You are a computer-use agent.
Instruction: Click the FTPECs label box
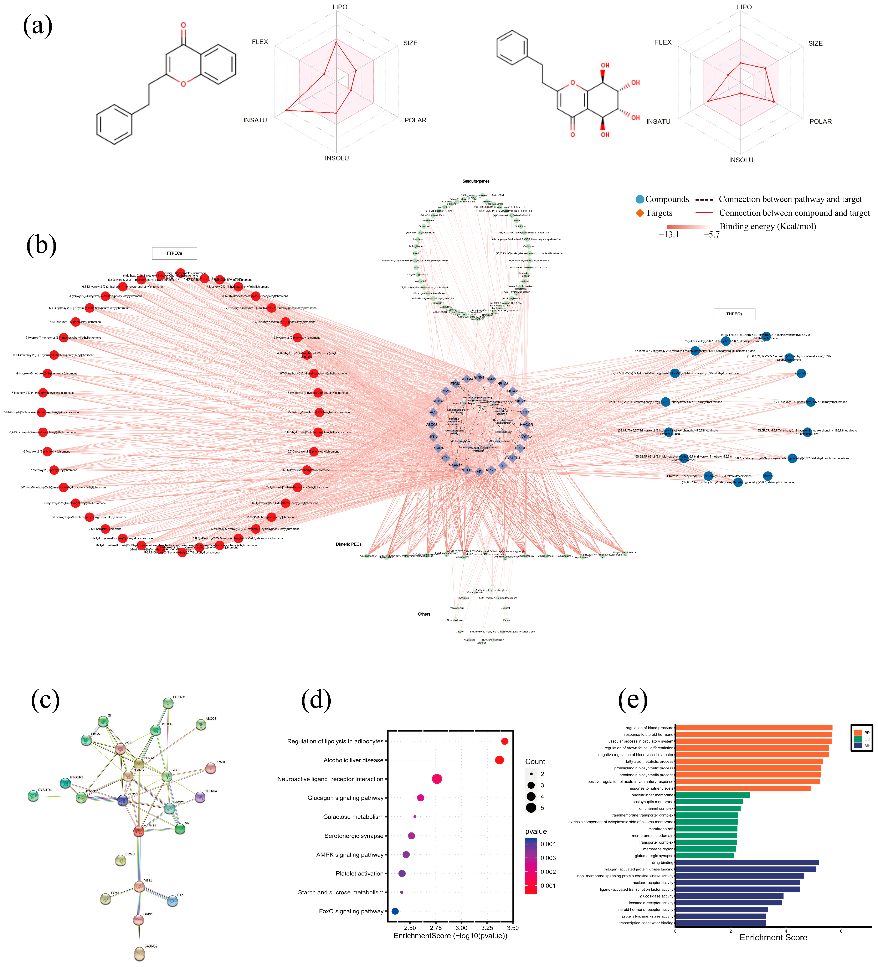(x=174, y=253)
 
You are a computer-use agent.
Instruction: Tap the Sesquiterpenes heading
(x=476, y=181)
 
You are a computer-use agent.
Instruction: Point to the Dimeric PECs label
(x=349, y=544)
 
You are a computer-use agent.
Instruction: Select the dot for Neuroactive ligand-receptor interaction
(x=437, y=779)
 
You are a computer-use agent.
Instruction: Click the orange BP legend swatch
(x=858, y=733)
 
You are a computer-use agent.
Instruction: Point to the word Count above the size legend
(x=535, y=762)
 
